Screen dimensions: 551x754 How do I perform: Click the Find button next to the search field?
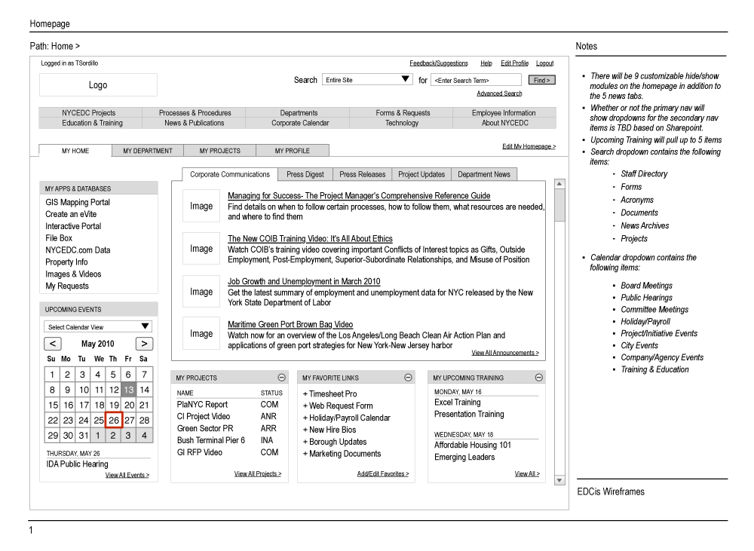coord(542,80)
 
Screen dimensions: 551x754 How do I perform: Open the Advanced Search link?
coord(499,93)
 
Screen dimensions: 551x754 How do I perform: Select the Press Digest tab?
coord(305,174)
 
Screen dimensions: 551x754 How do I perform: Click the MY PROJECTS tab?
coord(220,151)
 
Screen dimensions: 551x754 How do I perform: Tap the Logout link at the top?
coord(544,63)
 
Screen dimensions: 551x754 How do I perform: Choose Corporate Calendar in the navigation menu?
coord(300,123)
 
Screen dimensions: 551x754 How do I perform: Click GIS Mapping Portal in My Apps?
coord(78,202)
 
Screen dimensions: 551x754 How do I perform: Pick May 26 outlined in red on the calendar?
coord(113,420)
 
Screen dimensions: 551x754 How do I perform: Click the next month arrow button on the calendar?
coord(144,344)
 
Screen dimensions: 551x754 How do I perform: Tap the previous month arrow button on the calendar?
coord(53,344)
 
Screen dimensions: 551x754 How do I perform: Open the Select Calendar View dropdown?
coord(98,327)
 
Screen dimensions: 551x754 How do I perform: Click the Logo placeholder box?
coord(98,85)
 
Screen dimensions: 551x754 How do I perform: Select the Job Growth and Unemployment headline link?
coord(304,282)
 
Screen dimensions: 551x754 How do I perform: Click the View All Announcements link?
coord(505,353)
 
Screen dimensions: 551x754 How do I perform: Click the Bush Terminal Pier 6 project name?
coord(211,440)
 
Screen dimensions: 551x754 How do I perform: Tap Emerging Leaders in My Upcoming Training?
coord(464,457)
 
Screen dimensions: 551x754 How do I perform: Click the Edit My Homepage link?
coord(529,146)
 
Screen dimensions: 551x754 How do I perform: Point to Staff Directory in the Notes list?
coord(644,174)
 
